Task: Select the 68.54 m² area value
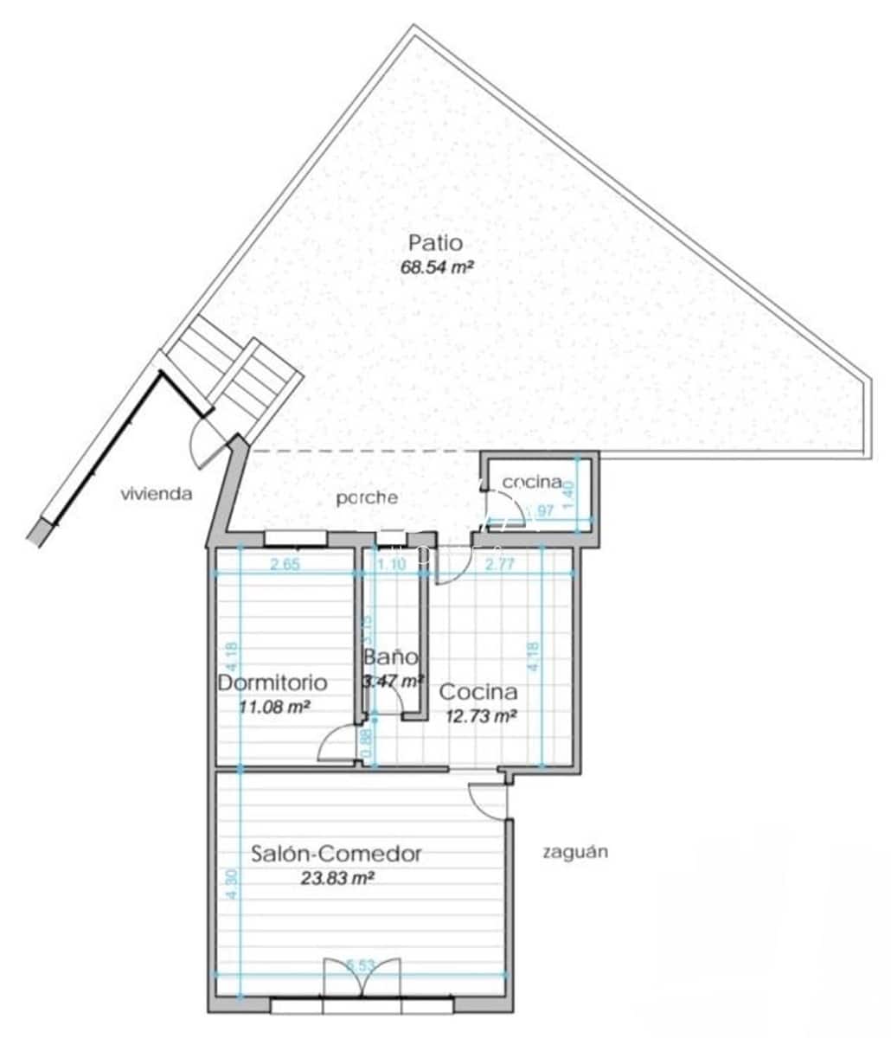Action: click(438, 267)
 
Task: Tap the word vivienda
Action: click(156, 494)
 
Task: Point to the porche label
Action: click(368, 498)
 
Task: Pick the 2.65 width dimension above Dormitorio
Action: click(285, 566)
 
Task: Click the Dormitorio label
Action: click(272, 682)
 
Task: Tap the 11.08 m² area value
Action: click(274, 707)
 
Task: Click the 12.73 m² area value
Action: click(481, 715)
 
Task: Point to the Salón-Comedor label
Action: click(337, 854)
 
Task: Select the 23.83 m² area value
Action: click(337, 878)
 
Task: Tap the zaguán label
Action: click(574, 851)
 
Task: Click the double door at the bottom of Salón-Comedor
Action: click(362, 977)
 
